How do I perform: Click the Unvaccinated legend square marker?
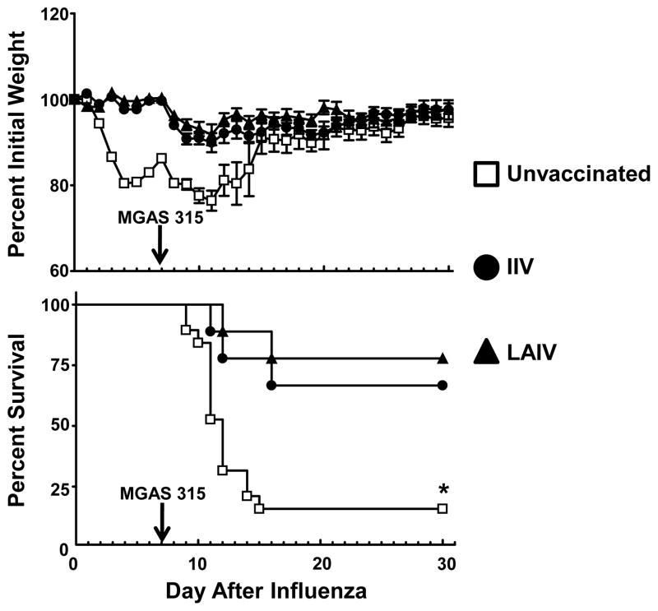tap(488, 174)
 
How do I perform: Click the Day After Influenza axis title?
tap(264, 592)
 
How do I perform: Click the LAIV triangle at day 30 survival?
tap(443, 359)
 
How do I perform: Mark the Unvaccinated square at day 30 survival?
tap(443, 509)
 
